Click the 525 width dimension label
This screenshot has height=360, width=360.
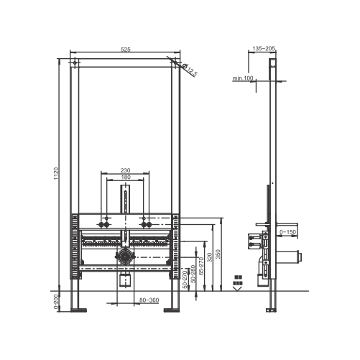(126, 50)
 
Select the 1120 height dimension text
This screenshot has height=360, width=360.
(56, 174)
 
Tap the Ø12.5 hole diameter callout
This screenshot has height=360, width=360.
(190, 70)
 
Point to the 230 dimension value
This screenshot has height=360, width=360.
(125, 170)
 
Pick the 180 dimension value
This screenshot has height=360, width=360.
(126, 177)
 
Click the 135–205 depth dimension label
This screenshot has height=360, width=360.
(264, 49)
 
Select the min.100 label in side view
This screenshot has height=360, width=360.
(243, 78)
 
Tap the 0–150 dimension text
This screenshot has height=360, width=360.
(287, 232)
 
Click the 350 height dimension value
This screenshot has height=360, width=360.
(218, 254)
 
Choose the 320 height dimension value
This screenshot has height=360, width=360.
(210, 257)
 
